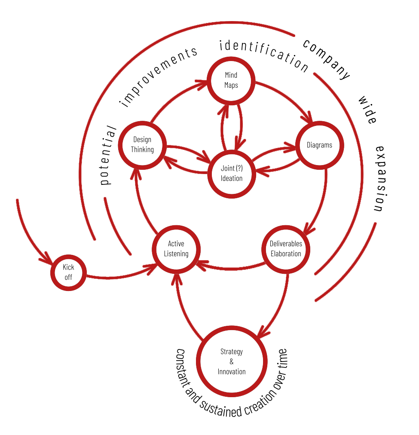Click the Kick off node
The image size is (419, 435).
click(68, 272)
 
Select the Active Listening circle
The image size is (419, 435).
click(176, 249)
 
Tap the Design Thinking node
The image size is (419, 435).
click(142, 145)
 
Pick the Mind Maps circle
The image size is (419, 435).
click(231, 80)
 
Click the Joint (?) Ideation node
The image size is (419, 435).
click(231, 173)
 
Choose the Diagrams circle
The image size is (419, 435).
click(319, 145)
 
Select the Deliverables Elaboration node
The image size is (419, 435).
click(286, 249)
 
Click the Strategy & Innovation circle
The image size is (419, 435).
click(232, 361)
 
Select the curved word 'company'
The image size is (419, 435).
click(327, 58)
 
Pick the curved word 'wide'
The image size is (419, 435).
click(368, 110)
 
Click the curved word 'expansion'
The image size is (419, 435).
click(382, 178)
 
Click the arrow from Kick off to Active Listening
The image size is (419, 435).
click(120, 275)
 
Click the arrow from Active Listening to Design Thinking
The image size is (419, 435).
click(141, 202)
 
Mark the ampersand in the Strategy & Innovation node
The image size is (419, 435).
click(232, 361)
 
